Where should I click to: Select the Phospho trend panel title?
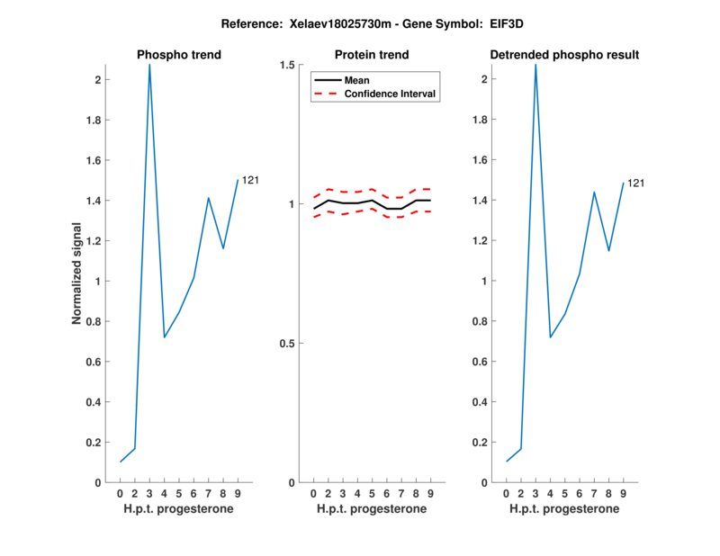179,55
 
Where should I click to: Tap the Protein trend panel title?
372,55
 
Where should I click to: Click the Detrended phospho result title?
564,55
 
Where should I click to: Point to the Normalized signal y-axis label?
79,274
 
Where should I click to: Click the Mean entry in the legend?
356,80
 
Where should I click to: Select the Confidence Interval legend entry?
391,94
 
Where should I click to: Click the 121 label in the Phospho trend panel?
250,180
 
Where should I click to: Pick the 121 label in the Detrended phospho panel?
635,184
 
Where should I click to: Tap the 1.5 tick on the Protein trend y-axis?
289,65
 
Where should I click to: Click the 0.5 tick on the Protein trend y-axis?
289,344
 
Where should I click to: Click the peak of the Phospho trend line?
149,65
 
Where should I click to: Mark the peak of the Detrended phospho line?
535,65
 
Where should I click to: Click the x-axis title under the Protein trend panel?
372,509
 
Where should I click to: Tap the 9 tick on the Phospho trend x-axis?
238,494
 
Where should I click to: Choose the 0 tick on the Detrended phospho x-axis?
507,494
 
